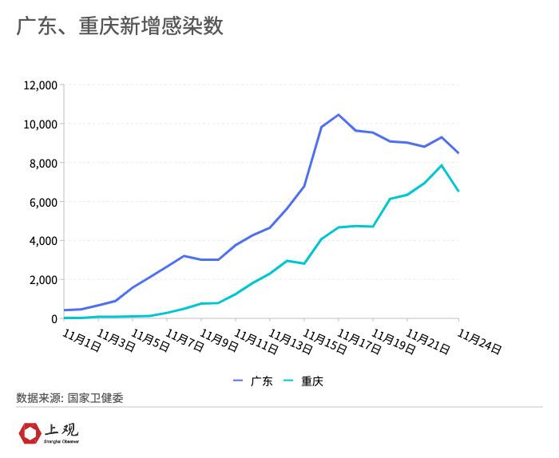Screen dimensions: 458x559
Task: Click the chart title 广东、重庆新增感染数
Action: point(119,26)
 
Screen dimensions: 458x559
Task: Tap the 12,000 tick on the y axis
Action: point(40,85)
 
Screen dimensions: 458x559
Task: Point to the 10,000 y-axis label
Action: point(40,124)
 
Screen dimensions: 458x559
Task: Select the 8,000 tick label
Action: point(42,164)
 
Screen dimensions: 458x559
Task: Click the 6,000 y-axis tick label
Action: point(42,203)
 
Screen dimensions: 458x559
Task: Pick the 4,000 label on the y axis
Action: point(42,241)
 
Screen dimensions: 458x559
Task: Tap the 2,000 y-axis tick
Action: point(42,280)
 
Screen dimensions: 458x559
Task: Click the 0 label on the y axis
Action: point(54,319)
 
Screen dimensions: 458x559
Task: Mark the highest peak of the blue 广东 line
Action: point(339,115)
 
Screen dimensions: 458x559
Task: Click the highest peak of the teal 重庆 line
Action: point(442,165)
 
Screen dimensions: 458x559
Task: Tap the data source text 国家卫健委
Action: point(96,397)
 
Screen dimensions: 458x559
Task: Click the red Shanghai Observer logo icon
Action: point(30,433)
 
